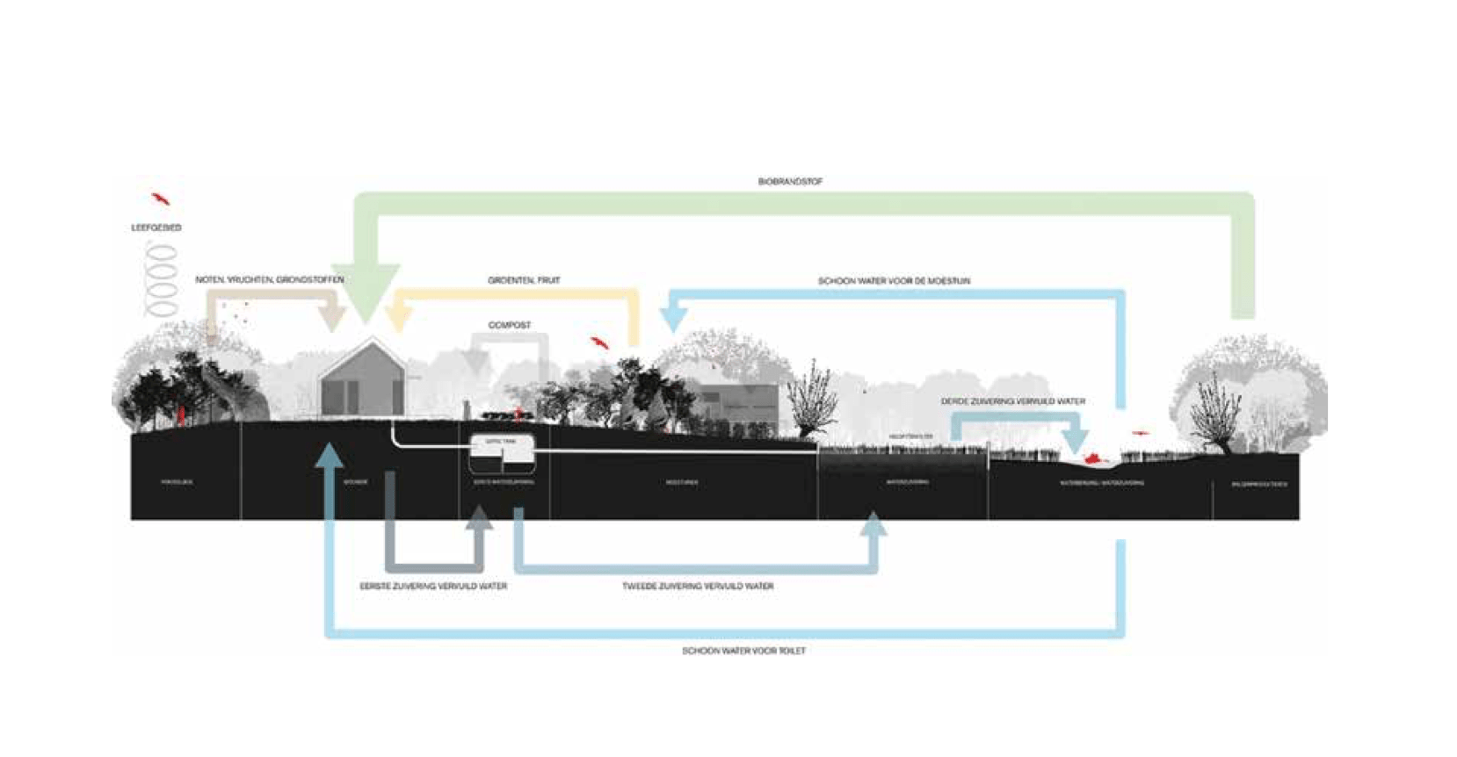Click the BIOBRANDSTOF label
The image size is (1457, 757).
[x=790, y=182]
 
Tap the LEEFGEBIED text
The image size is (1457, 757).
[x=156, y=227]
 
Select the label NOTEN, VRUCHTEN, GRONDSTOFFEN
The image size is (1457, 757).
[x=269, y=279]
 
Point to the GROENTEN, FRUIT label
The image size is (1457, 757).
[x=524, y=280]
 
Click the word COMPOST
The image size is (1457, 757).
[x=510, y=325]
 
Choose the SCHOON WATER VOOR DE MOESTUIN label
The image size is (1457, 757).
[x=894, y=281]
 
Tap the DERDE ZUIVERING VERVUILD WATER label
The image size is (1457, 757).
[x=1012, y=401]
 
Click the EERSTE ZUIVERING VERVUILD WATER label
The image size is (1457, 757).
[x=433, y=586]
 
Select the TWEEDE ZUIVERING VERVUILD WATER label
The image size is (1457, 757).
[x=698, y=586]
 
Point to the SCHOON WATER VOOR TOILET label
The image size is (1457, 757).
[x=743, y=651]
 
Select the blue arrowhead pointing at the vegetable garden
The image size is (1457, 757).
[x=672, y=316]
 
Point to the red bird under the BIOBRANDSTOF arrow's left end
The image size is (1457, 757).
[x=159, y=198]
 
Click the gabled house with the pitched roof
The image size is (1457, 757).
[x=362, y=381]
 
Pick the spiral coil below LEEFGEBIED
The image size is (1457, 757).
[x=161, y=279]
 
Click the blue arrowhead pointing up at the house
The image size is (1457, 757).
[x=330, y=457]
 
